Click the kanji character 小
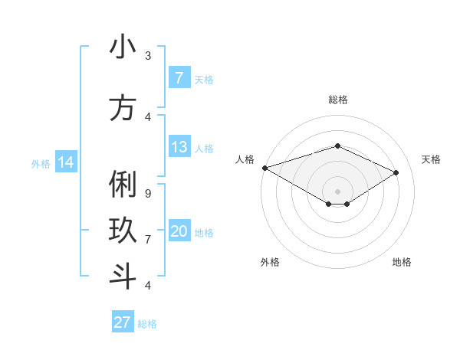pyautogui.click(x=123, y=47)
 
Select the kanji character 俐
pyautogui.click(x=123, y=185)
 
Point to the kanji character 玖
pyautogui.click(x=123, y=231)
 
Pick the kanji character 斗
pyautogui.click(x=123, y=276)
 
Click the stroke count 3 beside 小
pyautogui.click(x=148, y=56)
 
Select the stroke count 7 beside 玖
pyautogui.click(x=148, y=240)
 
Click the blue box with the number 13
pyautogui.click(x=179, y=147)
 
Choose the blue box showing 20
pyautogui.click(x=179, y=231)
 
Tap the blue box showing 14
pyautogui.click(x=66, y=162)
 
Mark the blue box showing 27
pyautogui.click(x=123, y=322)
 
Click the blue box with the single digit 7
pyautogui.click(x=179, y=77)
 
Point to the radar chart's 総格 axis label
pyautogui.click(x=337, y=100)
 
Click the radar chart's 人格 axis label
pyautogui.click(x=245, y=159)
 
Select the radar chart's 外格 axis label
pyautogui.click(x=270, y=262)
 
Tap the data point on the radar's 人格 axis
pyautogui.click(x=264, y=168)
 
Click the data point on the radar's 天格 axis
pyautogui.click(x=396, y=172)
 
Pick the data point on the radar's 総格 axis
pyautogui.click(x=337, y=146)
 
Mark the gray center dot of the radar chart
pyautogui.click(x=337, y=191)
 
